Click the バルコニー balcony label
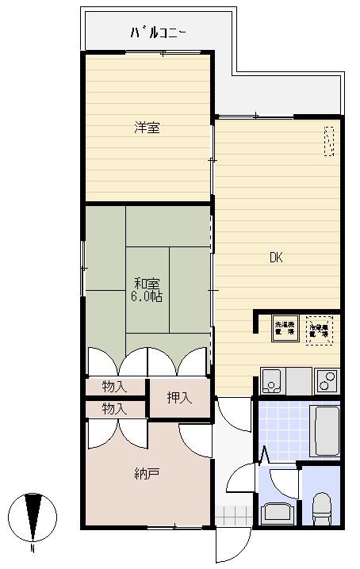158,33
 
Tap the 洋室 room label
147,127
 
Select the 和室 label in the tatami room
147,283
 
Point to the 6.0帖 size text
147,296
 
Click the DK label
276,258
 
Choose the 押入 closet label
179,398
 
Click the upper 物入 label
116,387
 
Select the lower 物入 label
116,409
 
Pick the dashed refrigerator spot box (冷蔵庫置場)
320,328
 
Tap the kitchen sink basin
272,381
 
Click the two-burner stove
327,381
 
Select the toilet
322,508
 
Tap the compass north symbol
33,516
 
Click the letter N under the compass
33,548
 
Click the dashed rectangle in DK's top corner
329,142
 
